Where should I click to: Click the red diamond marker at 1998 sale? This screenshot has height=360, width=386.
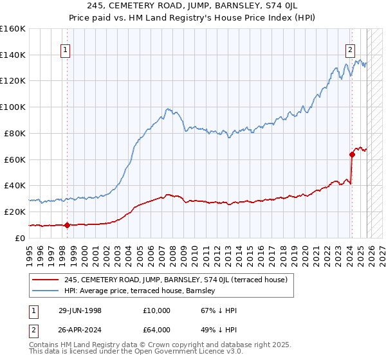(x=67, y=224)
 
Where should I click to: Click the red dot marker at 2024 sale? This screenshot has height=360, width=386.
(x=352, y=154)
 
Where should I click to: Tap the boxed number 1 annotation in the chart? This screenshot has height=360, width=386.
(x=66, y=52)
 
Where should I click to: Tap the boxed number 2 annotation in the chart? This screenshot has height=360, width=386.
(x=351, y=52)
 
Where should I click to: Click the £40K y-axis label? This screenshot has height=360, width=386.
(x=15, y=186)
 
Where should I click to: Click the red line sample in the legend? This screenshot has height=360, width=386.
(x=46, y=280)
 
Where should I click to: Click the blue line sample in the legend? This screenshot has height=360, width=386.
(x=46, y=291)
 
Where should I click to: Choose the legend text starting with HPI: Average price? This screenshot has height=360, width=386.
(x=140, y=291)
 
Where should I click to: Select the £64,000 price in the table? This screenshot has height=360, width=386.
(x=157, y=330)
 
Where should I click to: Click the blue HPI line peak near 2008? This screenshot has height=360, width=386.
(x=167, y=109)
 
